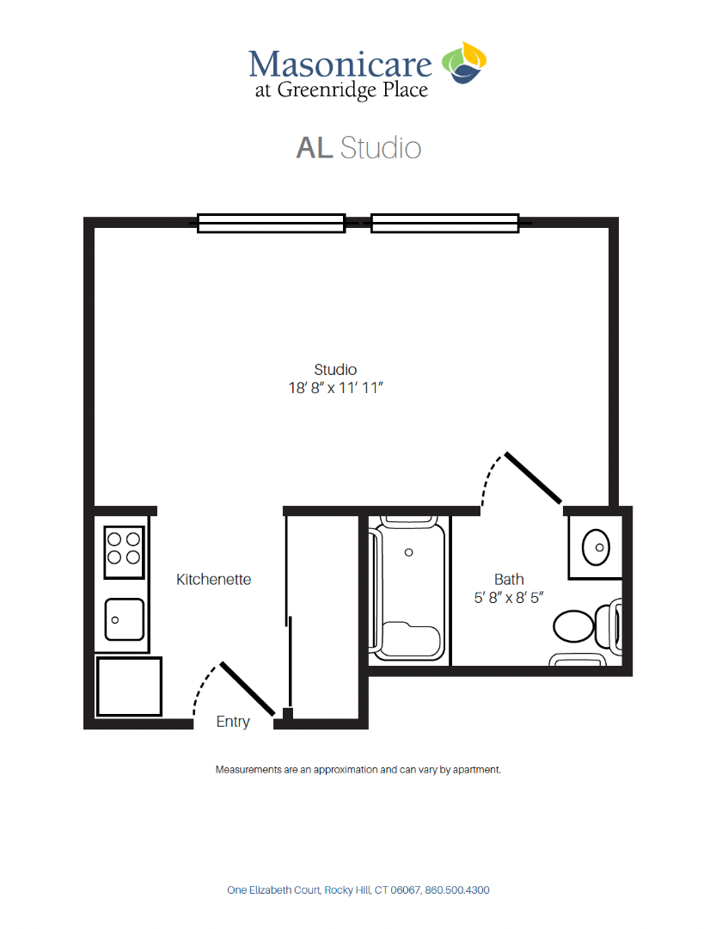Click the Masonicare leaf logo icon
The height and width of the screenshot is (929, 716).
[x=463, y=62]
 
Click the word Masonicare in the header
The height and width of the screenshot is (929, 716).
[x=340, y=64]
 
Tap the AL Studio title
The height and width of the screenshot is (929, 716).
[x=358, y=148]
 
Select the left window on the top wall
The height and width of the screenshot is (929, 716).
[x=271, y=224]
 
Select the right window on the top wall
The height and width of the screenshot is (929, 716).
[x=444, y=224]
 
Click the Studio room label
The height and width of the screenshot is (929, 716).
[x=335, y=370]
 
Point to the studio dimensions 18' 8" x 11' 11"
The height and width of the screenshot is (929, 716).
[x=336, y=388]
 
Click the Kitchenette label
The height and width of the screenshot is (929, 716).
[x=213, y=580]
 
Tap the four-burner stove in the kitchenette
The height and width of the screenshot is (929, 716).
[x=124, y=552]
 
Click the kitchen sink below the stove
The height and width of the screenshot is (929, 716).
[x=125, y=619]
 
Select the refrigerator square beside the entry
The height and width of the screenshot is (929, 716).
[x=129, y=686]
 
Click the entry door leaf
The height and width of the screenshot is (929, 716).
[x=248, y=688]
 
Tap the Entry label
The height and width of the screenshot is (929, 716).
[x=233, y=722]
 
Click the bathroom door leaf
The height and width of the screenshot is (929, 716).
[x=533, y=478]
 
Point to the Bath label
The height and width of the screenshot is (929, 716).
[x=509, y=580]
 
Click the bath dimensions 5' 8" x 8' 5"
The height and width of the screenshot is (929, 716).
[x=509, y=598]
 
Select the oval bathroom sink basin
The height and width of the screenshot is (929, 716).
[x=596, y=547]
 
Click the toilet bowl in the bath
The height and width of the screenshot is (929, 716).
[x=573, y=626]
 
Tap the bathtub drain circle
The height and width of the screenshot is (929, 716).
[x=408, y=552]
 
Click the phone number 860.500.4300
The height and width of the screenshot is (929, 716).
[x=457, y=890]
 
